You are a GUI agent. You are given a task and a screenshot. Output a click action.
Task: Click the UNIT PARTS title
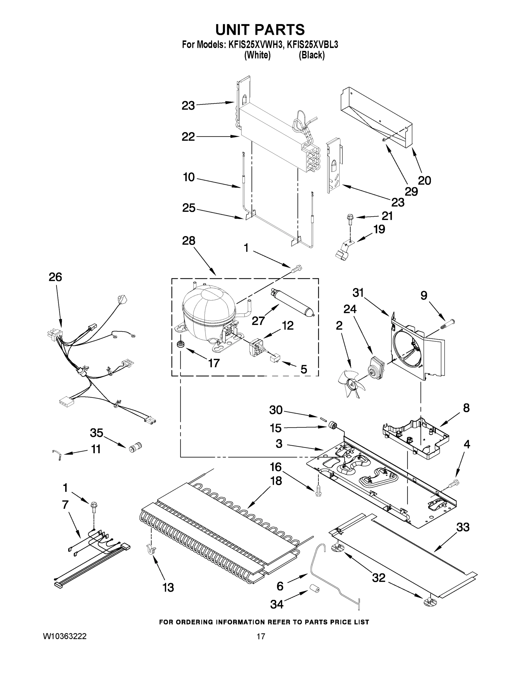click(x=260, y=30)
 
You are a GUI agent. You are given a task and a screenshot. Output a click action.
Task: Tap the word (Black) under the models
click(x=311, y=56)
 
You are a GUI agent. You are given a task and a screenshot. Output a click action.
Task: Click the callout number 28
click(x=188, y=241)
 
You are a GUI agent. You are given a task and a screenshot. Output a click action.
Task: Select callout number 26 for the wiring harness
click(x=55, y=277)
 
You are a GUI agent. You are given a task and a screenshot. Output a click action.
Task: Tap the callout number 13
click(x=168, y=588)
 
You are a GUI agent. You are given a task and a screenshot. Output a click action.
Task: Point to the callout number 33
click(x=463, y=527)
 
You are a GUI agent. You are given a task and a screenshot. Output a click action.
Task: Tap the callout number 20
click(x=424, y=180)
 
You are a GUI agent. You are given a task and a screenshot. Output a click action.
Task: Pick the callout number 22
click(x=188, y=137)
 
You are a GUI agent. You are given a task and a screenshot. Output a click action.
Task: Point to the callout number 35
click(x=96, y=433)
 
